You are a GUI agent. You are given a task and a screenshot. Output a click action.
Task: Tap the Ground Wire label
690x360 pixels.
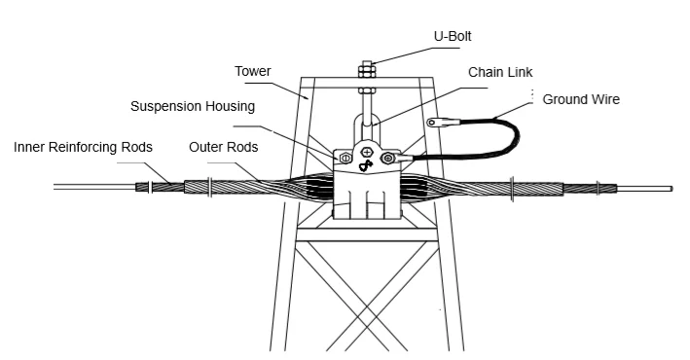coord(580,99)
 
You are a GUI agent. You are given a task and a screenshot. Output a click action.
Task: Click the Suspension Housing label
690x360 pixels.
coord(193,105)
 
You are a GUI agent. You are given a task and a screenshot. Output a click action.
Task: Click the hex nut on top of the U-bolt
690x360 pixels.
coord(367,71)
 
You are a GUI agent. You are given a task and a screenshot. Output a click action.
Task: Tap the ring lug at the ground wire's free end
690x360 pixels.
coord(435,123)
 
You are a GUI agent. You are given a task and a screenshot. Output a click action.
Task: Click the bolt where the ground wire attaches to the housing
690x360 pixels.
coord(388,158)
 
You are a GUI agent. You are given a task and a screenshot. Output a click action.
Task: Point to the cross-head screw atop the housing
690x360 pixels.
coord(366,153)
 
